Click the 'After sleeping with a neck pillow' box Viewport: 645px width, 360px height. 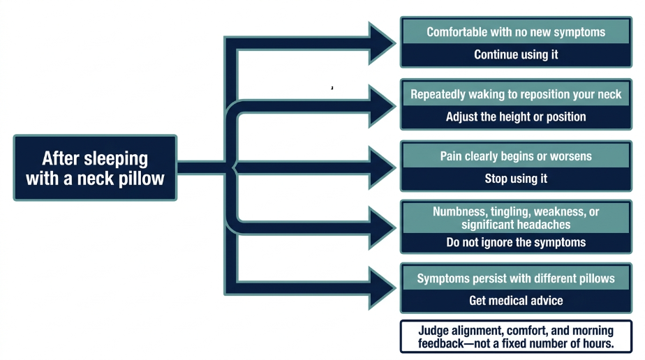pyautogui.click(x=95, y=167)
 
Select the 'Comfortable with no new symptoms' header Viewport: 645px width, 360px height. pyautogui.click(x=516, y=32)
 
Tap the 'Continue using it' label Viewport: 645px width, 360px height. pyautogui.click(x=516, y=54)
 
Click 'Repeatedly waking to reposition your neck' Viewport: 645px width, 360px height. pyautogui.click(x=516, y=94)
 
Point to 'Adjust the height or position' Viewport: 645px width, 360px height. pyautogui.click(x=516, y=117)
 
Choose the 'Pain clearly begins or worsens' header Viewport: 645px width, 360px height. pyautogui.click(x=516, y=156)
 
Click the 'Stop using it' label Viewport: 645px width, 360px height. pyautogui.click(x=516, y=179)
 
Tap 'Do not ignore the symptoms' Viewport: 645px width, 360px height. pyautogui.click(x=516, y=243)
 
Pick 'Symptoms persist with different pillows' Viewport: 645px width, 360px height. pyautogui.click(x=516, y=278)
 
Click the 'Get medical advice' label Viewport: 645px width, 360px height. pyautogui.click(x=516, y=301)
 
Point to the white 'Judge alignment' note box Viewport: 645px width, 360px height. pyautogui.click(x=516, y=336)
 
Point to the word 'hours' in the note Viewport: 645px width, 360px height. pyautogui.click(x=598, y=343)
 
